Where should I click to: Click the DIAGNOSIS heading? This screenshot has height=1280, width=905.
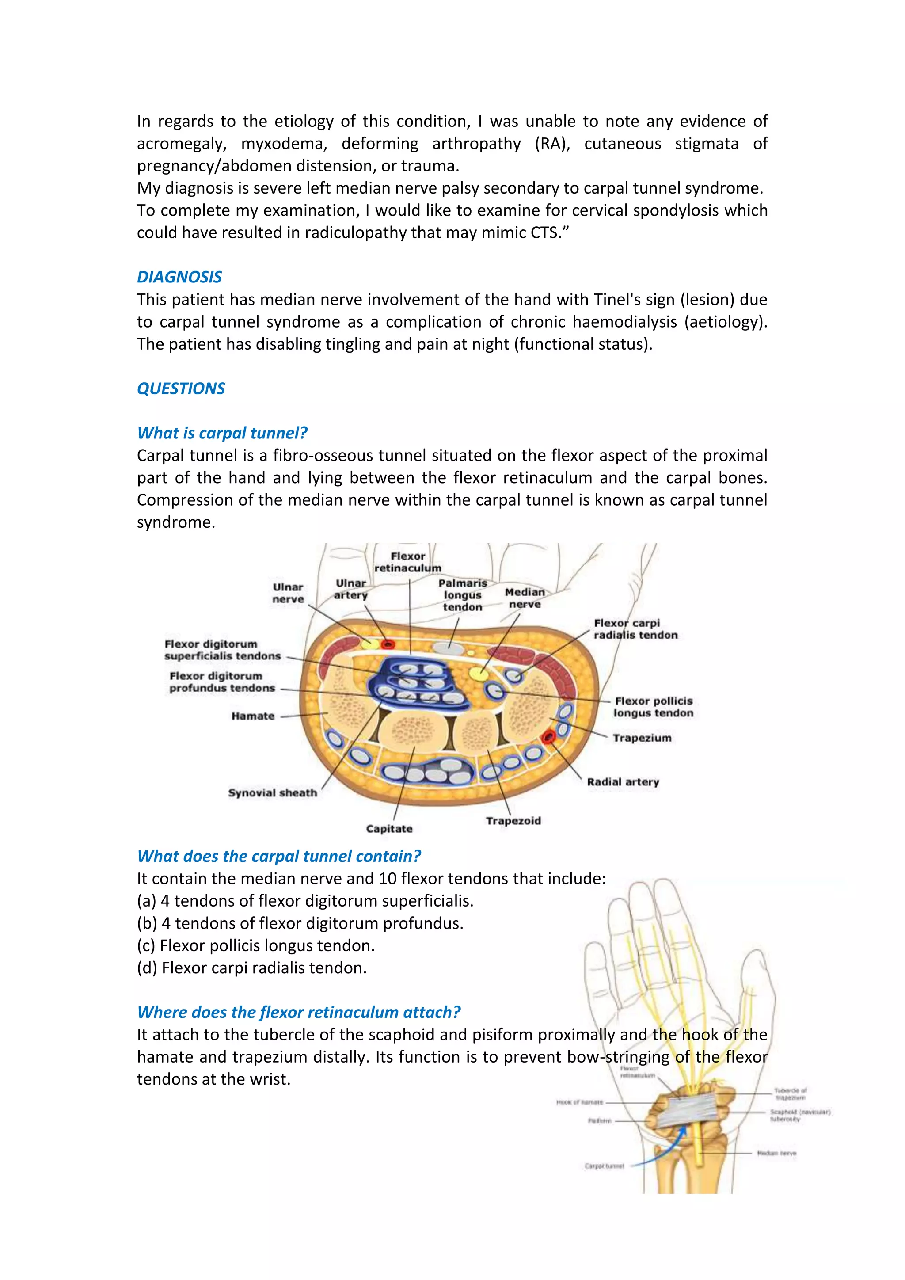coord(179,277)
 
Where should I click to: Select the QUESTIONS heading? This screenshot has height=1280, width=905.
coord(181,389)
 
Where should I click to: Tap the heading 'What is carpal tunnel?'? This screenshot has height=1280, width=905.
coord(222,433)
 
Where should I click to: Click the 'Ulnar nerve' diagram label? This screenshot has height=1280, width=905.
coord(288,593)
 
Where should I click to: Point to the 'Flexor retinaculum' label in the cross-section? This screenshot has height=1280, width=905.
coord(407,562)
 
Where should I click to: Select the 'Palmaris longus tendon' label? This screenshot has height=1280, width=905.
coord(463,595)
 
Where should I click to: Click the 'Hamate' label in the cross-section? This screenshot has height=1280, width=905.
coord(253,716)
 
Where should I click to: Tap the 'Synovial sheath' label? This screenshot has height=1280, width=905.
coord(273,793)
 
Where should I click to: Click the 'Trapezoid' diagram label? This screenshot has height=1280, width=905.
coord(513,821)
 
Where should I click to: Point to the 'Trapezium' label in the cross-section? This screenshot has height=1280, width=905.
coord(642,738)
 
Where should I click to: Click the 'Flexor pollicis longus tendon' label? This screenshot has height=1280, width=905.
coord(653,707)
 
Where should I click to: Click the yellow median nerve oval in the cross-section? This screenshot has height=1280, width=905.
coord(478,673)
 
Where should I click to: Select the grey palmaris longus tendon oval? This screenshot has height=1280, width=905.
coord(448,648)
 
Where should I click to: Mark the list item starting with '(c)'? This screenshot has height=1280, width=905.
coord(256,945)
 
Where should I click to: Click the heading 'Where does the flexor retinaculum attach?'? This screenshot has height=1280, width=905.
coord(299,1013)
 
